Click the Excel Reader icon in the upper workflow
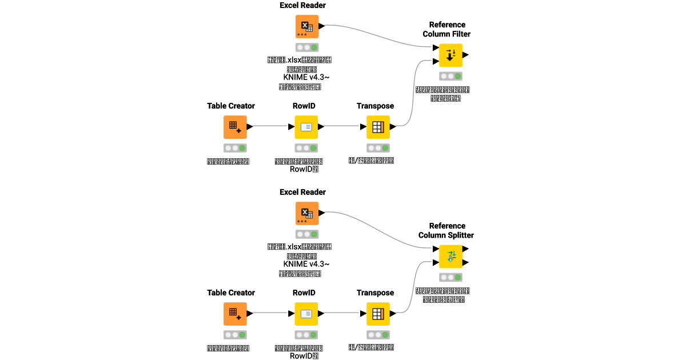pos(307,26)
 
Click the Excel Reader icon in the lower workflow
pos(307,213)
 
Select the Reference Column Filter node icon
pos(450,55)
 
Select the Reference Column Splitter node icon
pos(450,256)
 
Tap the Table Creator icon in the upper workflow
pos(235,127)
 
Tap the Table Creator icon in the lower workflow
pos(235,313)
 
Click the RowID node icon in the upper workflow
pos(306,127)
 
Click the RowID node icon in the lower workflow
pos(306,313)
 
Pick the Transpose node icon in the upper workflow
pos(378,127)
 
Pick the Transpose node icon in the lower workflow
pos(378,313)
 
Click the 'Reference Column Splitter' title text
pos(446,230)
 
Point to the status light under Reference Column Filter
pos(450,76)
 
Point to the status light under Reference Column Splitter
pos(450,277)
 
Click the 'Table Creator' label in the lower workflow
pos(231,293)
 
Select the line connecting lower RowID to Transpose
pos(342,313)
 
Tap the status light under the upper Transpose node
pos(378,148)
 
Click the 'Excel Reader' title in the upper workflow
pos(303,5)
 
